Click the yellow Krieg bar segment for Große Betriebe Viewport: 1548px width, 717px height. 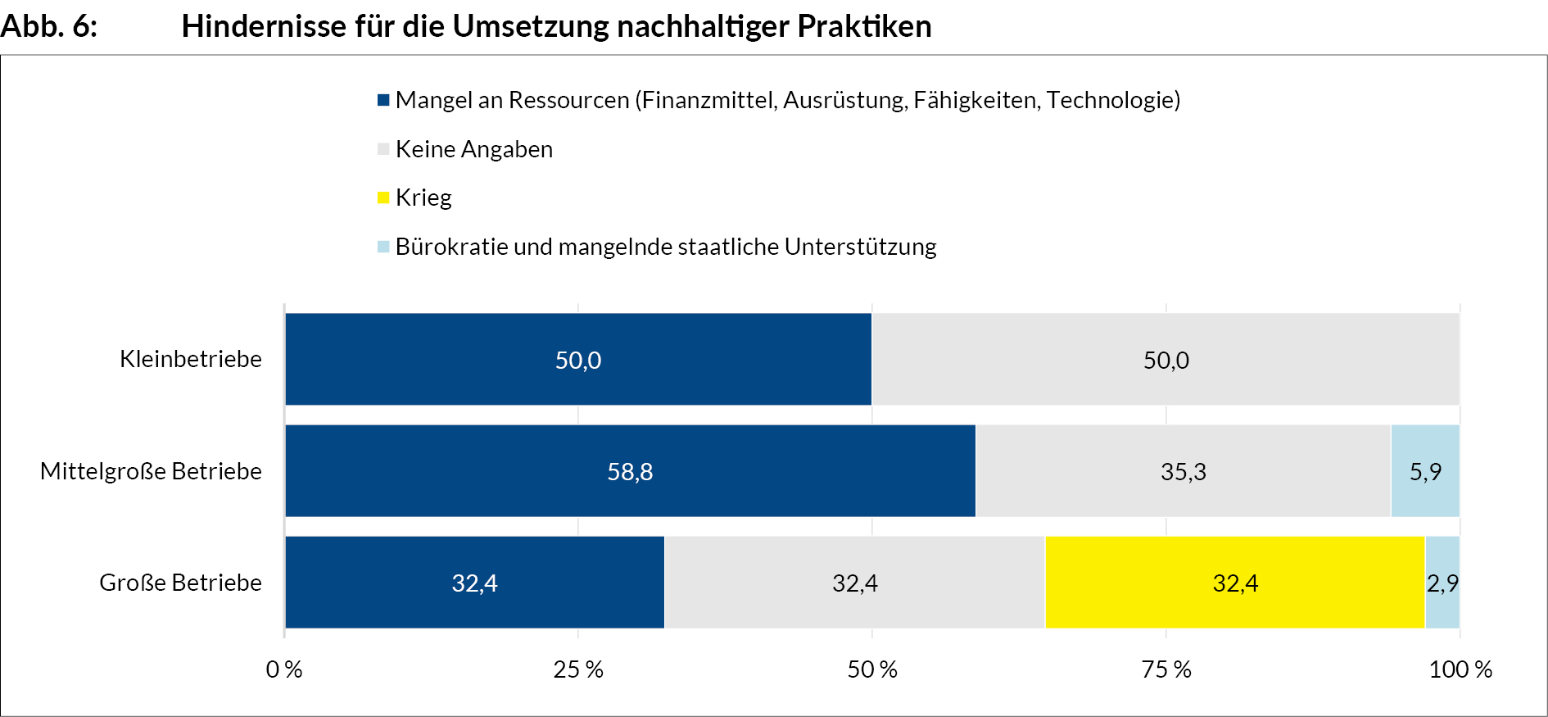1234,583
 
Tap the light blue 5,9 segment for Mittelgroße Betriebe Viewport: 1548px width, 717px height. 1425,471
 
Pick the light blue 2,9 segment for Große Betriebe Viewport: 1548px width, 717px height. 1442,583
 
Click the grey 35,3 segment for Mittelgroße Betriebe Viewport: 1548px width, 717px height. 1183,471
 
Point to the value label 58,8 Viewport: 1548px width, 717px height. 630,472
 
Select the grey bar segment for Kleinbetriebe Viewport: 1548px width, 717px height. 1166,359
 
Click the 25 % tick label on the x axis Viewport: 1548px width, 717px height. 578,669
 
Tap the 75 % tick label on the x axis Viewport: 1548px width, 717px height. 1166,669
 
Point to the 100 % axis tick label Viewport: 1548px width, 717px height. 1460,669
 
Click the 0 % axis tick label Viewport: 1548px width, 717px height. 284,669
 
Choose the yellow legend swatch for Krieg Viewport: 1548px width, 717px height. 383,197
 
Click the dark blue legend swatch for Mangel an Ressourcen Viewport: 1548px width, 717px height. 383,100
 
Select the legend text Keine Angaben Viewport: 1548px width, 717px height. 474,149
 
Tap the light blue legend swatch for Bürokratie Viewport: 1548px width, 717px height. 383,247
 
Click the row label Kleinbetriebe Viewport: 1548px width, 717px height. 191,359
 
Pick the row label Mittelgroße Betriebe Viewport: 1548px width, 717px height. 151,471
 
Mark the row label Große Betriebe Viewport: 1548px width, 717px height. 180,583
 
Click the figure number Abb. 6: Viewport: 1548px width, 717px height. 49,26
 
